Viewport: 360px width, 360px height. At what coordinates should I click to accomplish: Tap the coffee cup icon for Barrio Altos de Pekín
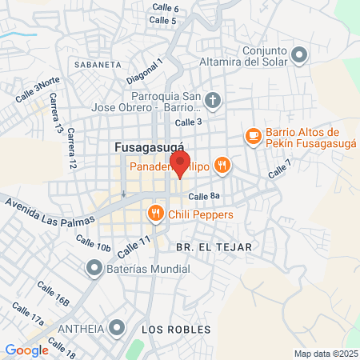[253, 136]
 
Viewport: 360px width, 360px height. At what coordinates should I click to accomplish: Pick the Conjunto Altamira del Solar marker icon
[300, 55]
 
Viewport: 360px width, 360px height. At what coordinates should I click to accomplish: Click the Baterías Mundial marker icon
[94, 269]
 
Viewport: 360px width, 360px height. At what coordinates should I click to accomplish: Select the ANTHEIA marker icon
[118, 327]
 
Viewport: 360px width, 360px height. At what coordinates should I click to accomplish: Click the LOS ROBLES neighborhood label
[175, 330]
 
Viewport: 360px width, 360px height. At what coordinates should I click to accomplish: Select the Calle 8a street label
[204, 197]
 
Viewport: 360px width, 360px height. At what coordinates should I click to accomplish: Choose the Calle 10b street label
[93, 243]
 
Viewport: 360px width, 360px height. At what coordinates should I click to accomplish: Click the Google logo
[27, 350]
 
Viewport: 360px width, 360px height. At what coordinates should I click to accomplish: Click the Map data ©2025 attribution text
[325, 353]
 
